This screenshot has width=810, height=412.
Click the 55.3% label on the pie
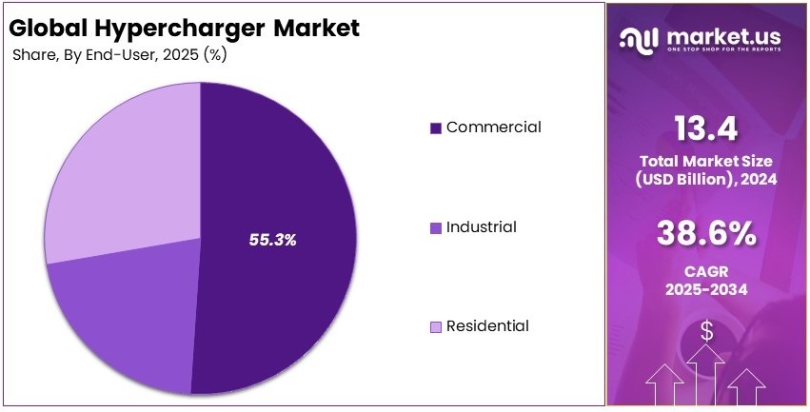(273, 240)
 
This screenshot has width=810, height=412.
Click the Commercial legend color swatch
(436, 128)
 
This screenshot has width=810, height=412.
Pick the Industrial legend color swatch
(436, 227)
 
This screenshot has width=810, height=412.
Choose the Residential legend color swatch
(436, 327)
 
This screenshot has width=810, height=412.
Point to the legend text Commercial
(493, 127)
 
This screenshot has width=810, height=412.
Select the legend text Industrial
(481, 226)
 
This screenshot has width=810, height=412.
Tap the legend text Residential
(487, 326)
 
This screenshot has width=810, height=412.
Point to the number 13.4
(706, 127)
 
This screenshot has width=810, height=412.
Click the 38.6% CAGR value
(706, 233)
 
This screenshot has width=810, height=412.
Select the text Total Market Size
(706, 160)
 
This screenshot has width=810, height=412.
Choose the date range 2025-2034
(706, 287)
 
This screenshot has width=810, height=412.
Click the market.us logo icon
(640, 38)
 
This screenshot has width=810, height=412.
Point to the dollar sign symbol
(706, 330)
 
